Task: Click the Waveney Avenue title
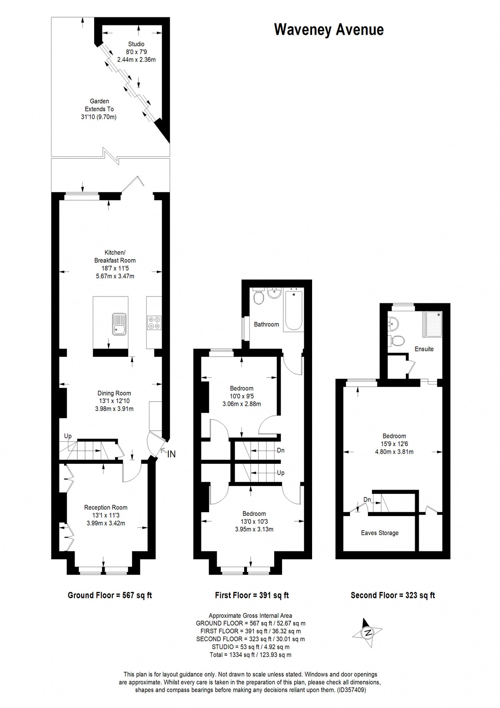329,30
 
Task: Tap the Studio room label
136,44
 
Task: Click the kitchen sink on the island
119,324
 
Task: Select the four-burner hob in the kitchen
154,323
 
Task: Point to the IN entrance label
171,454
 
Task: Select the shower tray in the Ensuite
433,324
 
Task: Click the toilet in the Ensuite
397,340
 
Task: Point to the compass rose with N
367,633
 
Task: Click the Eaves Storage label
380,533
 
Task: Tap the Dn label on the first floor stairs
280,451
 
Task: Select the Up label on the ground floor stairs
68,436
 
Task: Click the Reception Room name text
106,508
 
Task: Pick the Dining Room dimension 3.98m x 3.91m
114,409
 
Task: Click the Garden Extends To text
99,105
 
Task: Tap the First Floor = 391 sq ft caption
252,595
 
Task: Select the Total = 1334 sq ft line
250,655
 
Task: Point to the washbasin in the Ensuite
393,323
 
